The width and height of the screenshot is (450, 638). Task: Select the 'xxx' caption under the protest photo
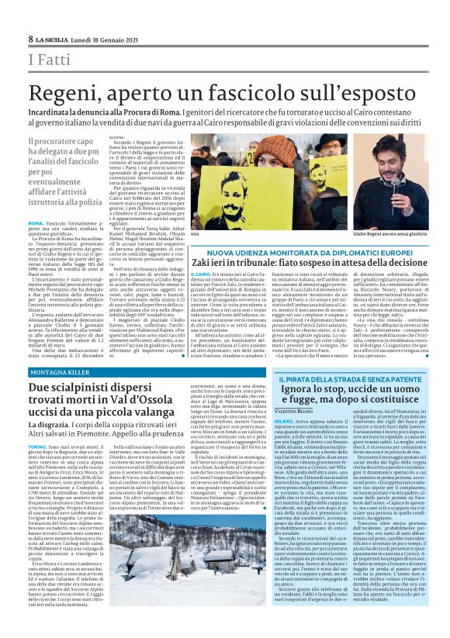(x=194, y=233)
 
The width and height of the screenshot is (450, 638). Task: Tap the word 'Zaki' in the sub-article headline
(x=206, y=264)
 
